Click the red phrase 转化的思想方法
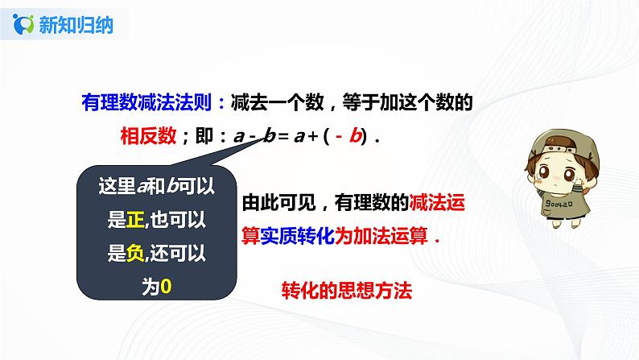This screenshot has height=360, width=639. (347, 292)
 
